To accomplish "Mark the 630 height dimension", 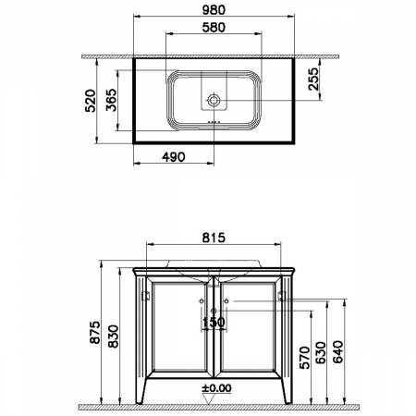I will [x=324, y=354].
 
